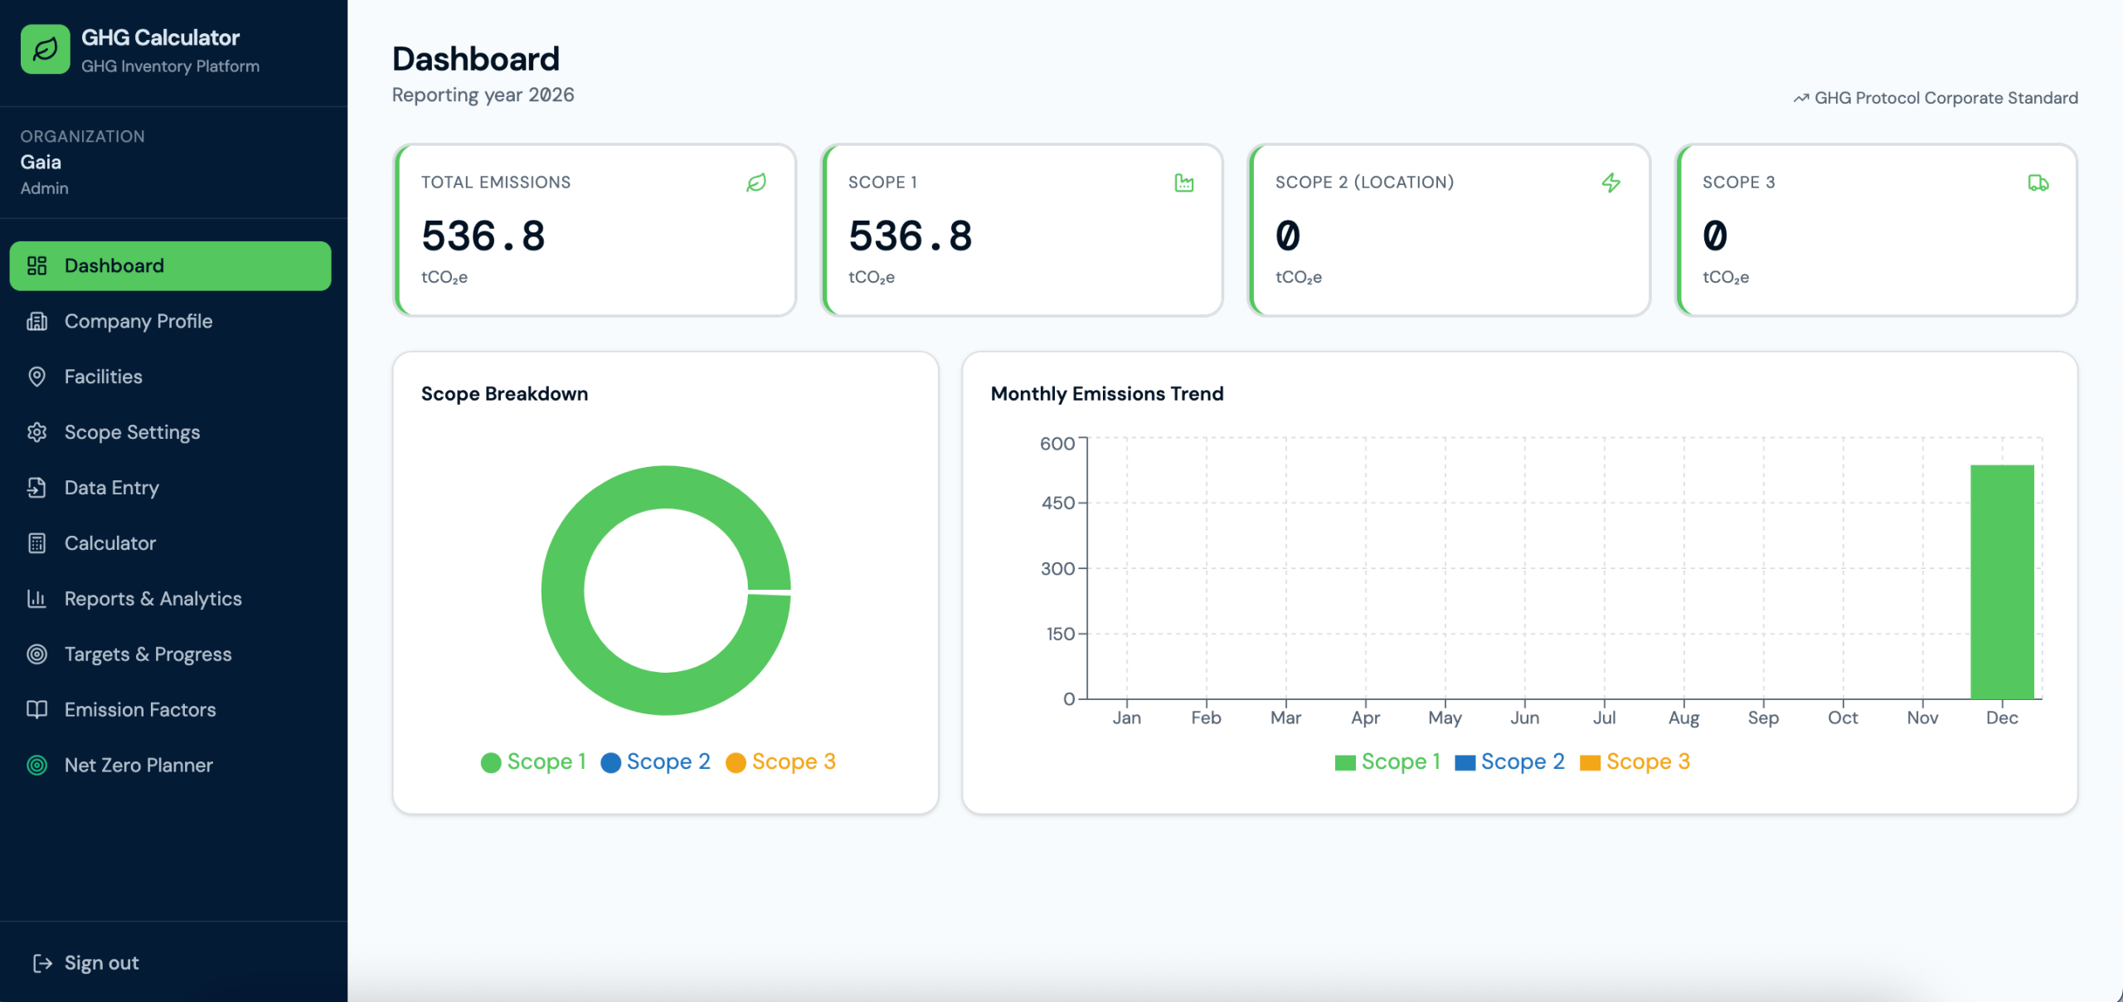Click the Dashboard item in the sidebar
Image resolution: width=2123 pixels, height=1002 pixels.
click(170, 265)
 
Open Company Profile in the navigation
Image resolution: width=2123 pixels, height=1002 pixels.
click(138, 321)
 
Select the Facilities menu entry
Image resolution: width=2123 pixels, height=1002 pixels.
click(103, 377)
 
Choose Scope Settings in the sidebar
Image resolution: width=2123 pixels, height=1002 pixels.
click(132, 432)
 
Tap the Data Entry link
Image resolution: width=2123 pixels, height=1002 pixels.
click(111, 488)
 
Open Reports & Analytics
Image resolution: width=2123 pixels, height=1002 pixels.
click(153, 599)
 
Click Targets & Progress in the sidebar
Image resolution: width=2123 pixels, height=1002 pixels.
click(148, 654)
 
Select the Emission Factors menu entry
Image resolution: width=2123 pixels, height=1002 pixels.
click(139, 710)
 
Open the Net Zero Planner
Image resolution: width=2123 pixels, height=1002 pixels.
click(138, 765)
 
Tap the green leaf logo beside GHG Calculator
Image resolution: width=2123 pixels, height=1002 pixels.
click(46, 49)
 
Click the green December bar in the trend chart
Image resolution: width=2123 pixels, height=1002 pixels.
click(2002, 582)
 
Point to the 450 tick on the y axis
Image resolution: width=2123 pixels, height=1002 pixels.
click(1057, 503)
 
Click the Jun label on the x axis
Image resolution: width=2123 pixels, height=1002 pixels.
click(1524, 717)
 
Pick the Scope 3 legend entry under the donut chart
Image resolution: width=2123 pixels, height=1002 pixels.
click(780, 761)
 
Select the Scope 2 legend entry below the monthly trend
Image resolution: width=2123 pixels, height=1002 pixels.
click(1509, 761)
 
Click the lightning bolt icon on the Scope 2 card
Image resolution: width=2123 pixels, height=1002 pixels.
click(1610, 182)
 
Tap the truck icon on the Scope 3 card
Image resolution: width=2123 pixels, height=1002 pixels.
click(2038, 182)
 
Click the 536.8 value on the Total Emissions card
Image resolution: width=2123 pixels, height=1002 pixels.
click(483, 236)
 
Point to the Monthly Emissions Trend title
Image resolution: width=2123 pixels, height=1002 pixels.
click(1107, 393)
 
